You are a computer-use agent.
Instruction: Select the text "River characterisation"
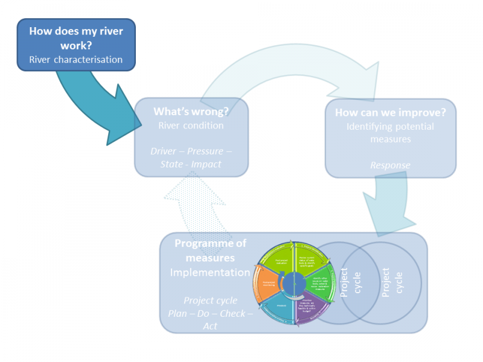tap(76, 59)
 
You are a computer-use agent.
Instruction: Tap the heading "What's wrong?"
tap(191, 112)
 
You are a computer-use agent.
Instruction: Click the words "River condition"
tap(191, 125)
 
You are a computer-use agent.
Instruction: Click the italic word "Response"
tap(390, 165)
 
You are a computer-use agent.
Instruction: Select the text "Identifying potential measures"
tap(390, 133)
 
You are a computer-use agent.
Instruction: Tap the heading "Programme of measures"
tap(210, 251)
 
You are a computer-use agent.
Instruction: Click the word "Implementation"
tap(210, 273)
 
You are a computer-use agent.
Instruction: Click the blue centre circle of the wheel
tap(294, 282)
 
